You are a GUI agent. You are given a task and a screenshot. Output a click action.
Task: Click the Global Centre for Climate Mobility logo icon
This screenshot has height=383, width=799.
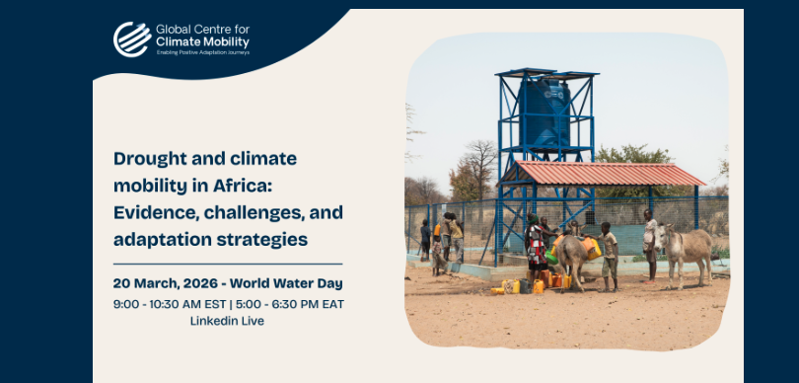132,38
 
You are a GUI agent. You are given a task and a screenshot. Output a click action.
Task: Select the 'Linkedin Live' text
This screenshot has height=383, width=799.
227,321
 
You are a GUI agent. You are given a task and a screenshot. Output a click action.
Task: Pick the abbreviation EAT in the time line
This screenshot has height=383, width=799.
332,304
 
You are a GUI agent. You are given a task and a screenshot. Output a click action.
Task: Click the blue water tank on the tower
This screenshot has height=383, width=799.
545,113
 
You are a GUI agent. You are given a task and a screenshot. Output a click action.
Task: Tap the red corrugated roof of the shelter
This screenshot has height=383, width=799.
604,174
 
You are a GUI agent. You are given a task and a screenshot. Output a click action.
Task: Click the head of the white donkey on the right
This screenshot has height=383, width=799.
663,237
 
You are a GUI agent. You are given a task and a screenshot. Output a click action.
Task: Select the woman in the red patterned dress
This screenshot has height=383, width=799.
535,249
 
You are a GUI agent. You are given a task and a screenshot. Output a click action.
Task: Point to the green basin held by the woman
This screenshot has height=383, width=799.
550,257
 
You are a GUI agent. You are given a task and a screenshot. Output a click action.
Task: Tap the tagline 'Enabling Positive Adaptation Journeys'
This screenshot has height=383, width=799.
203,52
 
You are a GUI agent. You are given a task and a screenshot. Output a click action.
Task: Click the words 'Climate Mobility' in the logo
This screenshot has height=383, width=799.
202,41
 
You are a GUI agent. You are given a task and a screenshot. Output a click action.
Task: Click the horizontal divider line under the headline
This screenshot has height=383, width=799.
228,265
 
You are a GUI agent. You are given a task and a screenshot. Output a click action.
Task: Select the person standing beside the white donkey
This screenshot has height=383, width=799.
649,246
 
